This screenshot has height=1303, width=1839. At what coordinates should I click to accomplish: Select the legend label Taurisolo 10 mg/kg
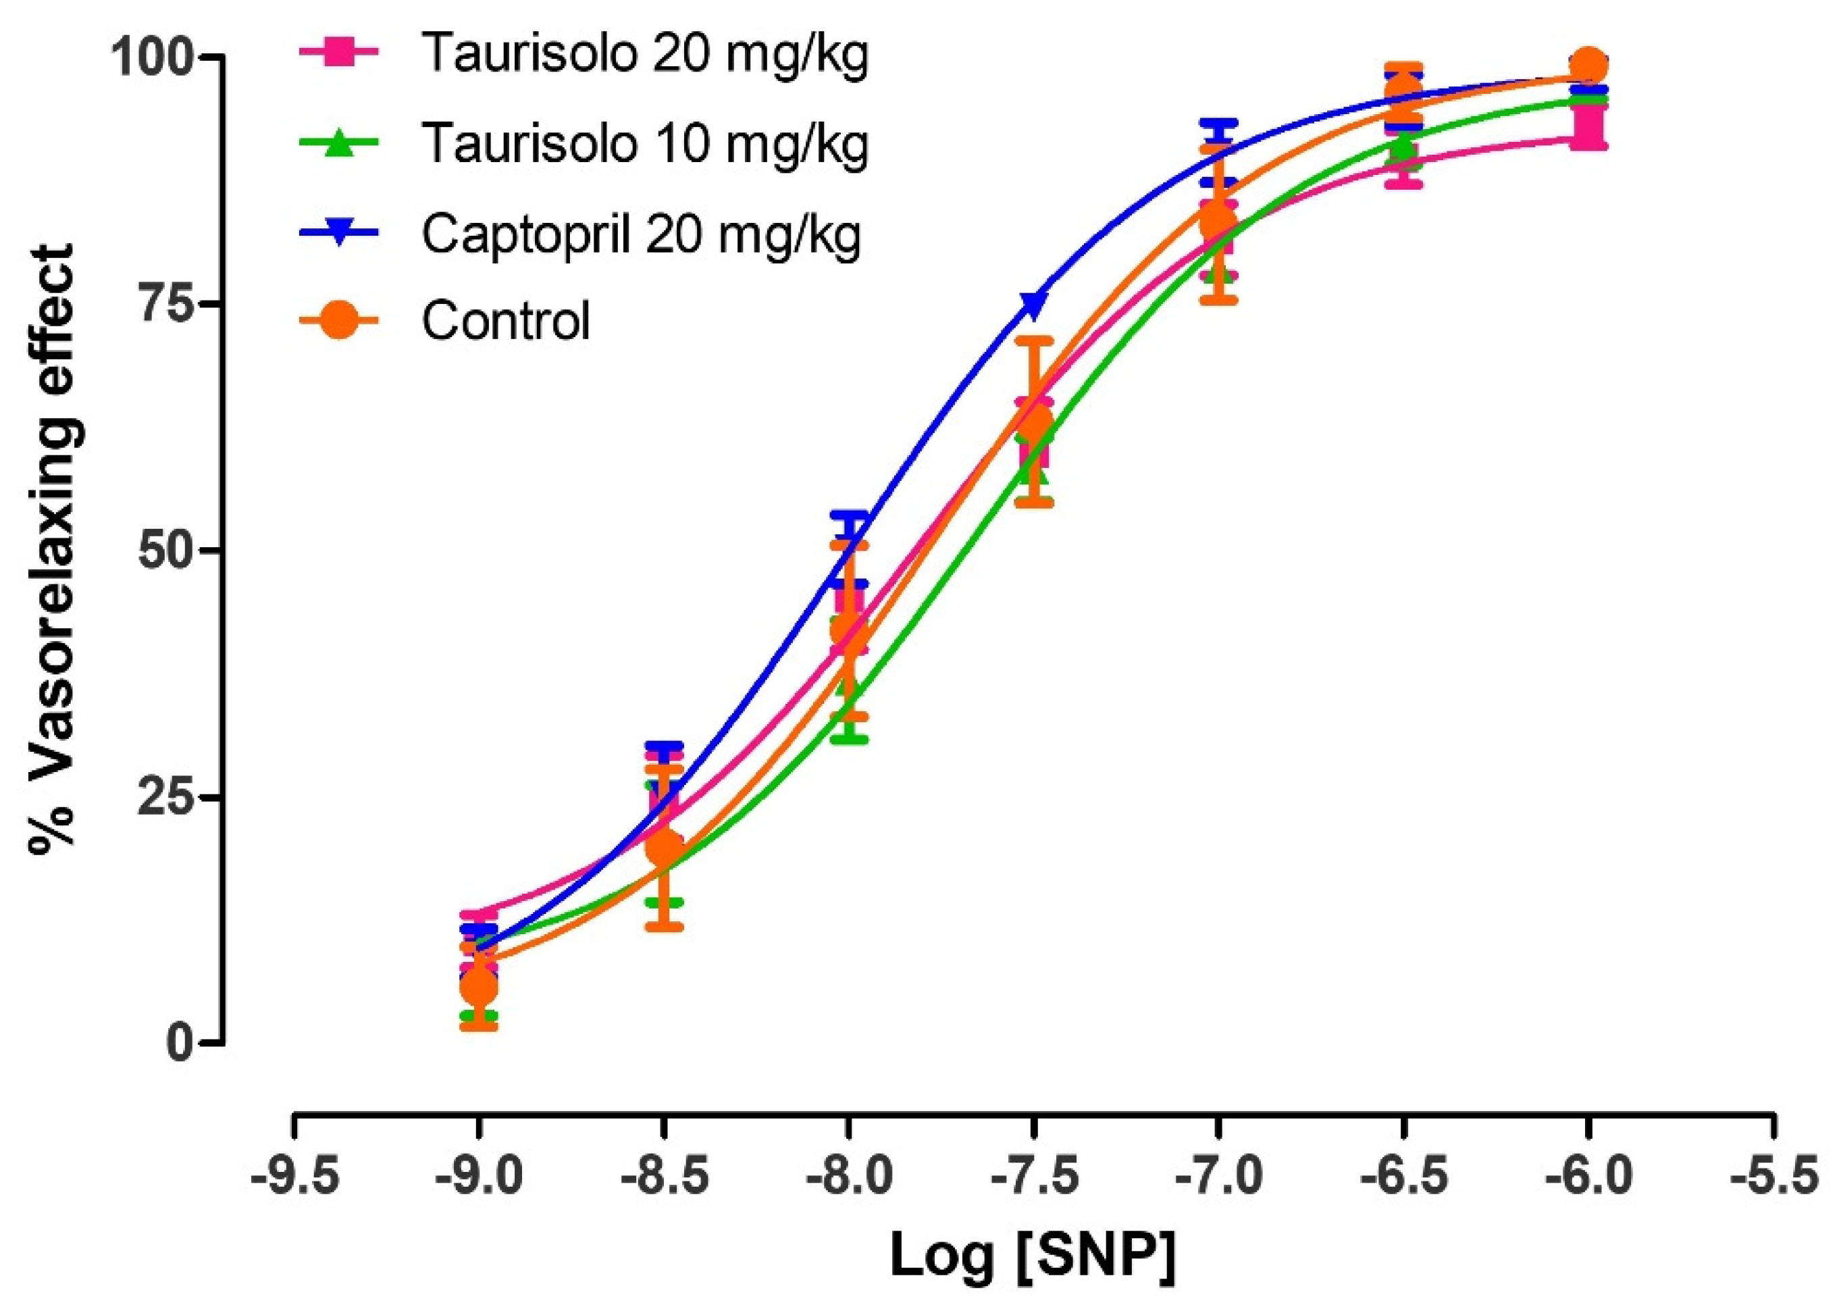(644, 145)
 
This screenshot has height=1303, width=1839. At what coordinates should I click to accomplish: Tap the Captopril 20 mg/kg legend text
(641, 234)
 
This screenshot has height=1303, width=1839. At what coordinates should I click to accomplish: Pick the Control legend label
(506, 322)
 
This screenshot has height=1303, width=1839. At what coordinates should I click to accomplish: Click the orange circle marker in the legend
(340, 321)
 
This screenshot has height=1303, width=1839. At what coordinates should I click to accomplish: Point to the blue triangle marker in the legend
(340, 234)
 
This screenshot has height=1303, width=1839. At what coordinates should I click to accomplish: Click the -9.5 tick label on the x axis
(294, 1177)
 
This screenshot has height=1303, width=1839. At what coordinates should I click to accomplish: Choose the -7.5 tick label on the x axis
(1034, 1177)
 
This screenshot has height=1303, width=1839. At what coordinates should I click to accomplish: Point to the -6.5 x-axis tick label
(1403, 1177)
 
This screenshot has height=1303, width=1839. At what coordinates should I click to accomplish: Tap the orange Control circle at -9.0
(479, 988)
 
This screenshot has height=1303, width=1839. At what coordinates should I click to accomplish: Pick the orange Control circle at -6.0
(1588, 66)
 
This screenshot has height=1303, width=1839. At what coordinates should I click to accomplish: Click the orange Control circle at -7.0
(1218, 223)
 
